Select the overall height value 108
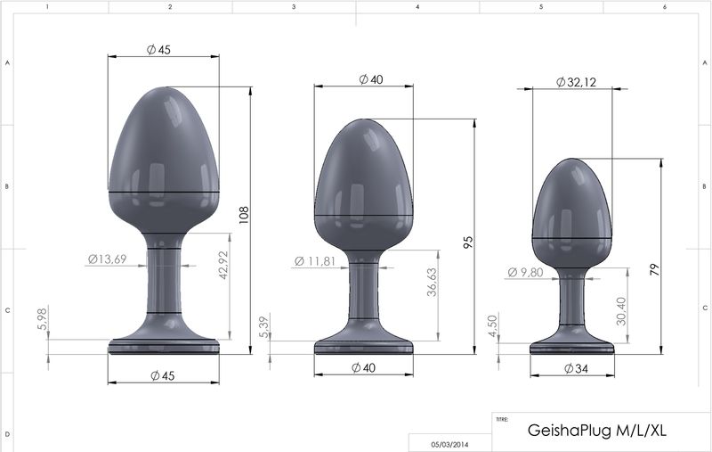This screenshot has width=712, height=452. point(244,215)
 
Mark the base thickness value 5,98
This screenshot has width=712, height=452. point(43,319)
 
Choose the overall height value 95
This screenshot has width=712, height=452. point(467,242)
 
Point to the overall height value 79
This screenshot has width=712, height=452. point(655,271)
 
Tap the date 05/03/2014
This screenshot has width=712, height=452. point(449,442)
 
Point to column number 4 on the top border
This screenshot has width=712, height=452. point(417,6)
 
